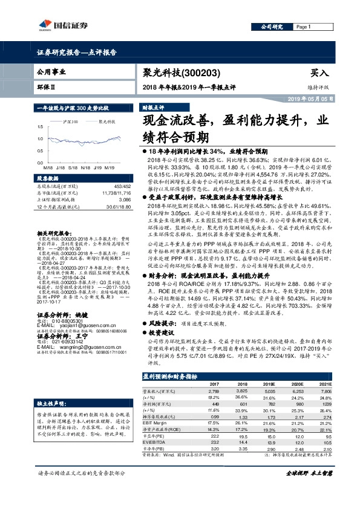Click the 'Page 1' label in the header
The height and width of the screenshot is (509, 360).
point(303,27)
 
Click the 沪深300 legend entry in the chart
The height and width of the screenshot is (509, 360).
point(69,121)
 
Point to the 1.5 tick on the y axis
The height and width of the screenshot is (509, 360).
point(39,127)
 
